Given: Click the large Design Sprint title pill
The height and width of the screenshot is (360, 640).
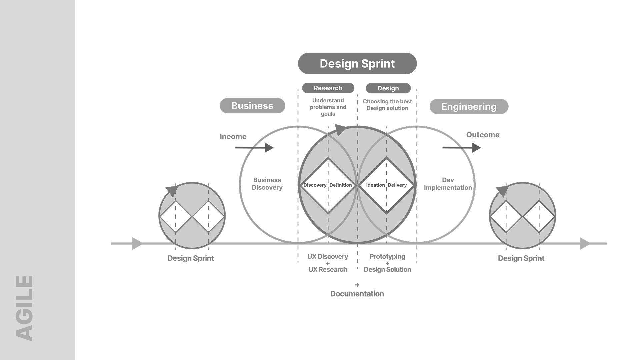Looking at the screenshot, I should (357, 63).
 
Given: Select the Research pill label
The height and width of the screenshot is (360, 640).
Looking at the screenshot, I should (328, 88).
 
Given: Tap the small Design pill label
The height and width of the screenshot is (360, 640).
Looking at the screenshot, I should (388, 88).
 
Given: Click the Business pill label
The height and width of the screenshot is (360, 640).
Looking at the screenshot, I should (252, 106).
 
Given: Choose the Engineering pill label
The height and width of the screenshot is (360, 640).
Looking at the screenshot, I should (469, 107).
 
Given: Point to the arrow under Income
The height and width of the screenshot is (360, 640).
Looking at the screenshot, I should (254, 147).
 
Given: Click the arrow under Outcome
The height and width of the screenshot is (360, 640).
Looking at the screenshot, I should (462, 147).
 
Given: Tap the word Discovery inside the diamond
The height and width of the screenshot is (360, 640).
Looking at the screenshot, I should (315, 185).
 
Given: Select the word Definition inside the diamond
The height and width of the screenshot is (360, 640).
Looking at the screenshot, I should (341, 185).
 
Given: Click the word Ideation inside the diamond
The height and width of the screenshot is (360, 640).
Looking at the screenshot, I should (375, 185).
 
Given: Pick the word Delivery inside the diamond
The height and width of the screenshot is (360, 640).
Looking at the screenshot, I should (397, 185).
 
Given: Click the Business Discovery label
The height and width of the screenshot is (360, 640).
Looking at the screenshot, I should (267, 184).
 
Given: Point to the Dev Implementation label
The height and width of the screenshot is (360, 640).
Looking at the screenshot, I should (448, 184).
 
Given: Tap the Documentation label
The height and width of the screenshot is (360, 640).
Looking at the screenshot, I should (357, 294).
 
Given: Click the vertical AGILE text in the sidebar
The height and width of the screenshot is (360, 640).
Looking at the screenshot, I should (25, 308).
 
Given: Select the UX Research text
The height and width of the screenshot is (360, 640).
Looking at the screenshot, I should (328, 269).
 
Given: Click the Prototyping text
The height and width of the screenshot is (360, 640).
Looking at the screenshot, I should (387, 257).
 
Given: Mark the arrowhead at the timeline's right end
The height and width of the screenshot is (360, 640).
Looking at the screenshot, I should (584, 243).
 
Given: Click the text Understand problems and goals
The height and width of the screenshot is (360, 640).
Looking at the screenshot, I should (328, 107).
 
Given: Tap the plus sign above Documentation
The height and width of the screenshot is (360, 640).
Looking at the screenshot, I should (357, 285).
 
